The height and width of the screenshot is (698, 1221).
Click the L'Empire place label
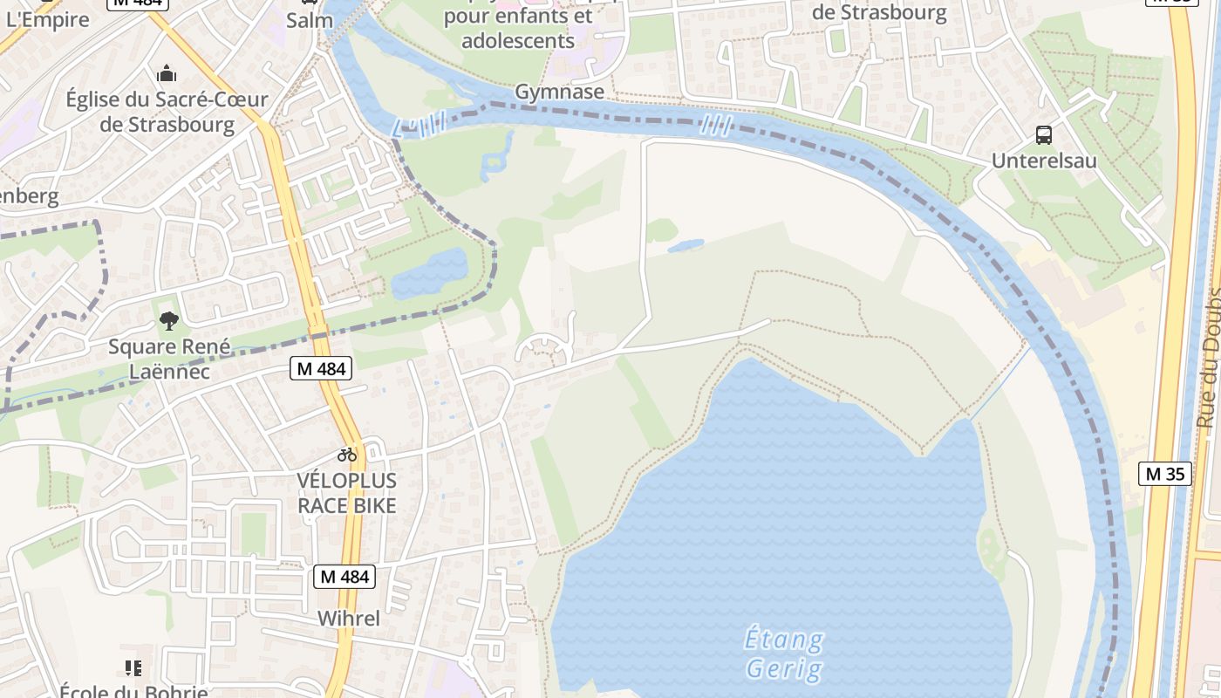tap(47, 19)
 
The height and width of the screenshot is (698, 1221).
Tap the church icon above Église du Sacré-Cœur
tap(167, 73)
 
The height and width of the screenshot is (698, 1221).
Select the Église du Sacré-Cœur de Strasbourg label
tap(167, 112)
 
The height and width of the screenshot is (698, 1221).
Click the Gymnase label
tap(559, 92)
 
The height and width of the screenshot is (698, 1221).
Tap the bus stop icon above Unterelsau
tap(1044, 135)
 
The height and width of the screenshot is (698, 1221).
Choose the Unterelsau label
tap(1044, 161)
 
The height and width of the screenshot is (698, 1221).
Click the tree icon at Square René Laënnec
tap(169, 321)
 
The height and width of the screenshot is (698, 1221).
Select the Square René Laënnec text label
tap(169, 359)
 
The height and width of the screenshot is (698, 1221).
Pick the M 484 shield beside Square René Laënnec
tap(321, 369)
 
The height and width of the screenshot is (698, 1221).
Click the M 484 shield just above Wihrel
tap(344, 577)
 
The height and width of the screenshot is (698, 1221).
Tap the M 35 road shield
tap(1164, 475)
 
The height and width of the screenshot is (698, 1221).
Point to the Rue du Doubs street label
tap(1208, 358)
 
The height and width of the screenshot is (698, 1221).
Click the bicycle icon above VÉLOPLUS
tap(347, 455)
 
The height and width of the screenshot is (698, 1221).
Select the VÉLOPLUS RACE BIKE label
tap(347, 493)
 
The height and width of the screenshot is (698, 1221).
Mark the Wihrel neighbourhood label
tap(348, 619)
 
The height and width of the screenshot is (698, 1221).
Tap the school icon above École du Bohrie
tap(133, 668)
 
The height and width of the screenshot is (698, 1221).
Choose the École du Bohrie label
tap(133, 691)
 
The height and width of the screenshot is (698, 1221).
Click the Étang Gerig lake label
tap(784, 654)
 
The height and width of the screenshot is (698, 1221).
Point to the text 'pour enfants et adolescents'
tap(518, 28)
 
